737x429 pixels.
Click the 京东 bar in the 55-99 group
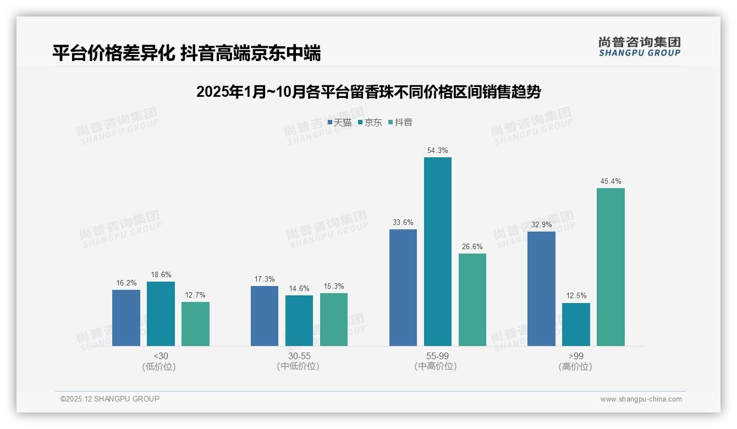coord(437,251)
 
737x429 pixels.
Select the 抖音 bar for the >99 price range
coord(610,267)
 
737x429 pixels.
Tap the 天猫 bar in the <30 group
coord(126,317)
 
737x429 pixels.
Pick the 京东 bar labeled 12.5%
coord(576,324)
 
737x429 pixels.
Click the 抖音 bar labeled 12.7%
coord(195,323)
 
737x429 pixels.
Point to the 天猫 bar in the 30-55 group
coord(265,316)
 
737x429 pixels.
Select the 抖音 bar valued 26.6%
coord(472,299)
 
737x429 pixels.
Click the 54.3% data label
coord(437,150)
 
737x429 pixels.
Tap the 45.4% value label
coord(610,181)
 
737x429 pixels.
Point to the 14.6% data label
coord(299,288)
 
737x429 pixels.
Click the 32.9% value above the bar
coord(541,224)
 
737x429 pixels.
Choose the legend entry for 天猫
coord(339,123)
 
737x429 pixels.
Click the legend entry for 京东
coord(370,123)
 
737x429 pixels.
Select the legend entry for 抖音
coord(400,123)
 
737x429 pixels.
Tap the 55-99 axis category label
coord(437,356)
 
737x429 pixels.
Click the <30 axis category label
coord(161,356)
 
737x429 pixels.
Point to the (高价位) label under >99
coord(575,367)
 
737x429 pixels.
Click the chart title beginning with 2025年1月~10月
coord(369,92)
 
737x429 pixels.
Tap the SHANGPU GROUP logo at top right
coord(639,46)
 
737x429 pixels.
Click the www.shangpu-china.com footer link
coord(641,399)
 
